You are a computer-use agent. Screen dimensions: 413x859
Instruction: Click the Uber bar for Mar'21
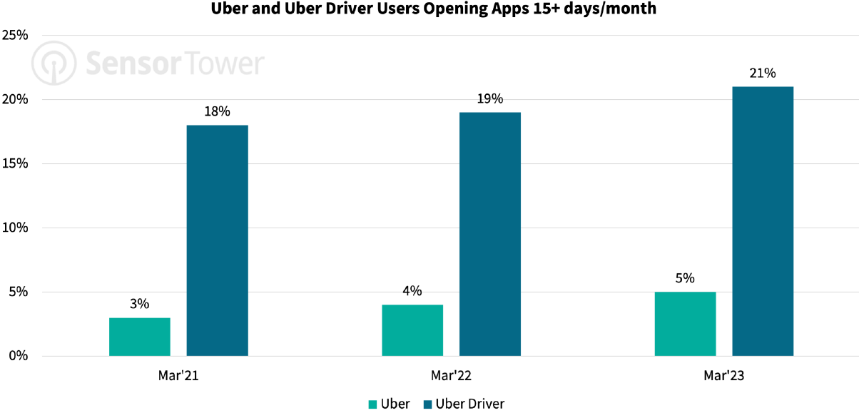click(x=140, y=337)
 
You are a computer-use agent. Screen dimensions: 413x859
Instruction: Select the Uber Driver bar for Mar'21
click(x=218, y=240)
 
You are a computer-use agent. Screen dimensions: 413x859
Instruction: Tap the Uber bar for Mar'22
click(x=412, y=330)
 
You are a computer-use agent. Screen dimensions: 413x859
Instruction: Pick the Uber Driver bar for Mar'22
click(x=490, y=234)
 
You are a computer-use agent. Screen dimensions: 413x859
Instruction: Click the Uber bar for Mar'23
click(x=685, y=324)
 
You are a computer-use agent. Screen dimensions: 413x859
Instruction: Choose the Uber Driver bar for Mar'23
click(x=763, y=221)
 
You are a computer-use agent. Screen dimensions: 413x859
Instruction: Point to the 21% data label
click(x=763, y=73)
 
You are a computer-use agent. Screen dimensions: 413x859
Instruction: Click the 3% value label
click(x=140, y=304)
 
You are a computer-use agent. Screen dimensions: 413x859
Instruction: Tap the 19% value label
click(x=490, y=99)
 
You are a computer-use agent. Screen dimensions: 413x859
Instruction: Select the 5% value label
click(x=685, y=278)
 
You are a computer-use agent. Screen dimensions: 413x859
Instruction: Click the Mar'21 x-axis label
click(x=178, y=375)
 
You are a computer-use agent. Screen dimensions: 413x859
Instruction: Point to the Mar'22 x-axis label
click(x=451, y=375)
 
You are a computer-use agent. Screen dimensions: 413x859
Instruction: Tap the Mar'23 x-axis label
click(x=723, y=375)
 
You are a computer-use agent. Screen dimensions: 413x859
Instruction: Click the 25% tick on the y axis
click(x=14, y=35)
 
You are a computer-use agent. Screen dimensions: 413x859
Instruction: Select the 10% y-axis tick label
click(x=14, y=228)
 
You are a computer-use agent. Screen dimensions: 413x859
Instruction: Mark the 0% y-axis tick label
click(x=17, y=356)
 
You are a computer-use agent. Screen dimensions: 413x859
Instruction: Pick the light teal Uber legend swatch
click(x=372, y=404)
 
